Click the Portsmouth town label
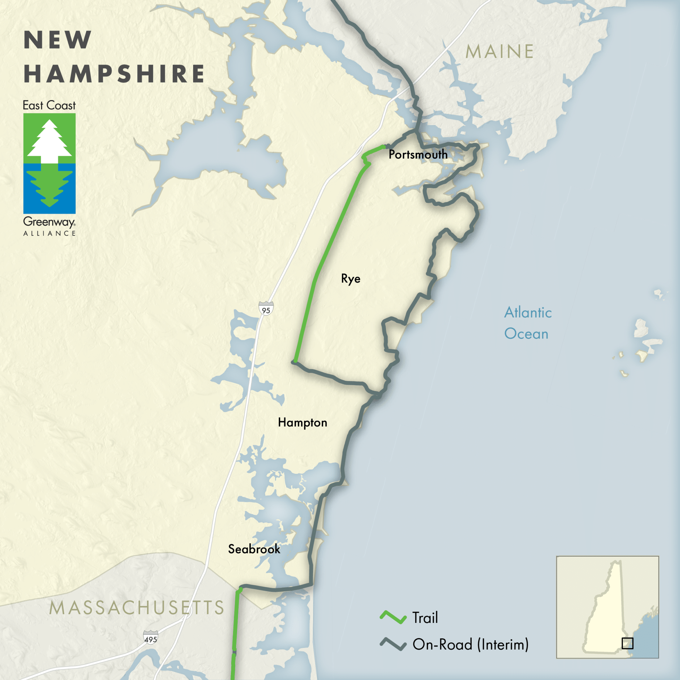418,155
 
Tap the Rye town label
351,279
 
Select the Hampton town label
302,422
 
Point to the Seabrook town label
254,549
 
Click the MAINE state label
499,52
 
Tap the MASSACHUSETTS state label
137,608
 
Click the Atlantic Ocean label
527,323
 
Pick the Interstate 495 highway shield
151,637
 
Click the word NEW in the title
58,40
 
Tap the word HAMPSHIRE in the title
114,74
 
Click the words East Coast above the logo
49,105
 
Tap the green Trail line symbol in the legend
393,617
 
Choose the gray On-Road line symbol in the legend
393,644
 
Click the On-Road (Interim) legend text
470,644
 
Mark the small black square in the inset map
627,644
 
